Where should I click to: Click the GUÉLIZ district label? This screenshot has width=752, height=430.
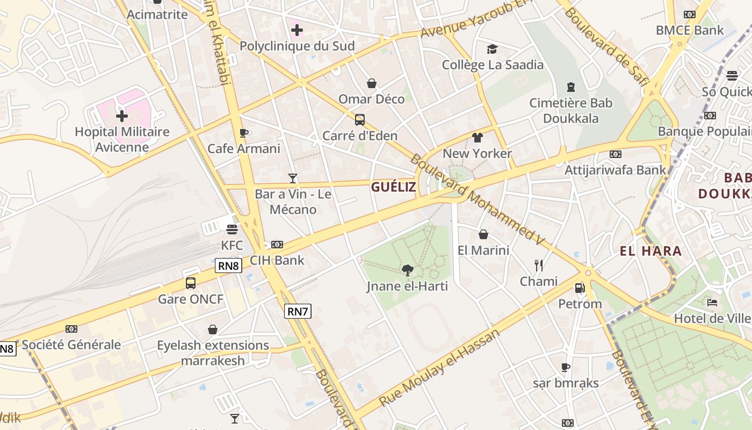(x=393, y=187)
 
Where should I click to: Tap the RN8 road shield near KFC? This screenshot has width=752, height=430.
(x=228, y=266)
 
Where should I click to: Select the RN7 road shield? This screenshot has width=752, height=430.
(x=298, y=311)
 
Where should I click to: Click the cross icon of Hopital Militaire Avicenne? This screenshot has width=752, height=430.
(x=122, y=116)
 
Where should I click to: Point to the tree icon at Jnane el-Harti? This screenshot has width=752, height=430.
(x=407, y=270)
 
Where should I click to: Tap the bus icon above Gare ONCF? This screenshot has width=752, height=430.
(x=190, y=283)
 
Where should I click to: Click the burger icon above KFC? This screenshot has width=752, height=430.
(x=232, y=230)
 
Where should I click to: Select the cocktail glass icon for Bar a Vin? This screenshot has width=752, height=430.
(x=292, y=178)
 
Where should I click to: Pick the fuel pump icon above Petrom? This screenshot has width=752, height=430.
(x=580, y=288)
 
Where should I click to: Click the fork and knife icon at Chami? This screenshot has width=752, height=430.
(x=539, y=265)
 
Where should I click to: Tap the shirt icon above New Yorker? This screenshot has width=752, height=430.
(x=477, y=137)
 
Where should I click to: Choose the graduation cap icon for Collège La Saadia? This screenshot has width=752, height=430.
(x=492, y=49)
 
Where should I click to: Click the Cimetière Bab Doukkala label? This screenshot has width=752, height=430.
(x=570, y=110)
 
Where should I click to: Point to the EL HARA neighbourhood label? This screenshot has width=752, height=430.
(x=650, y=251)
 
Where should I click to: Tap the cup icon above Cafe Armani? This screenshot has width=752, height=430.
(x=243, y=133)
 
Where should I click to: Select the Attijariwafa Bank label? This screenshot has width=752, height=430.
(x=615, y=170)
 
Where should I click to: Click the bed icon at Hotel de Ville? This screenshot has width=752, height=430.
(x=712, y=302)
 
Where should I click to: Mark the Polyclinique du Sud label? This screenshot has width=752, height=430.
(x=297, y=46)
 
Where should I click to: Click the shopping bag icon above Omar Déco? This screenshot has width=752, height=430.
(x=371, y=83)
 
